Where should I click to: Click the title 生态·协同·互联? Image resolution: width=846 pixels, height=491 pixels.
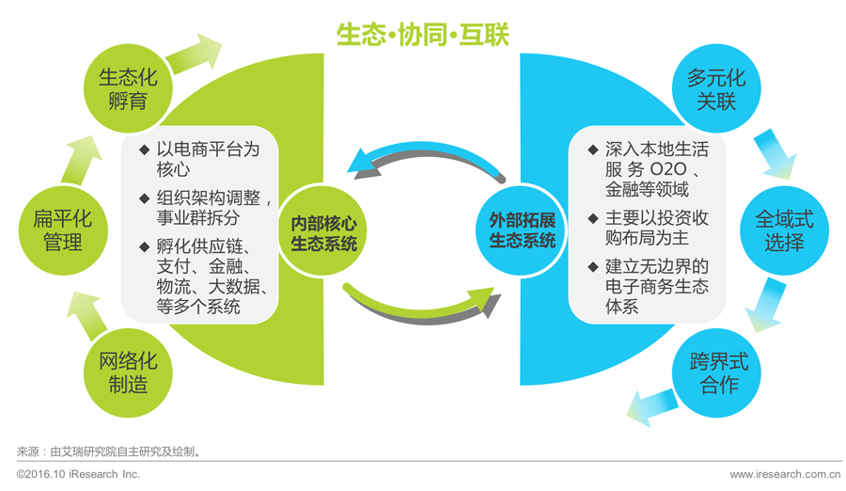tap(423, 36)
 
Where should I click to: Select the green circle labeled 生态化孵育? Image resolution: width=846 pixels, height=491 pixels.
tap(128, 88)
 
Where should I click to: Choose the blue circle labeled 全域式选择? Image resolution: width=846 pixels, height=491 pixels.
tap(785, 230)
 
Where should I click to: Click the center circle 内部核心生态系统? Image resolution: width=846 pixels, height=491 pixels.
tap(324, 233)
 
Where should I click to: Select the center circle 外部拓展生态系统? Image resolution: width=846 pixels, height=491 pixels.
tap(523, 230)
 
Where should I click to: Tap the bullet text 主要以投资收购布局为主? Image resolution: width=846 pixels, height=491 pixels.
tap(649, 228)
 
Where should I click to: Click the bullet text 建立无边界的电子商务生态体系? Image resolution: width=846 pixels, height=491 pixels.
tap(649, 286)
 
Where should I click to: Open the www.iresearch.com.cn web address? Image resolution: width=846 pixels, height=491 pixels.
tap(785, 474)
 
